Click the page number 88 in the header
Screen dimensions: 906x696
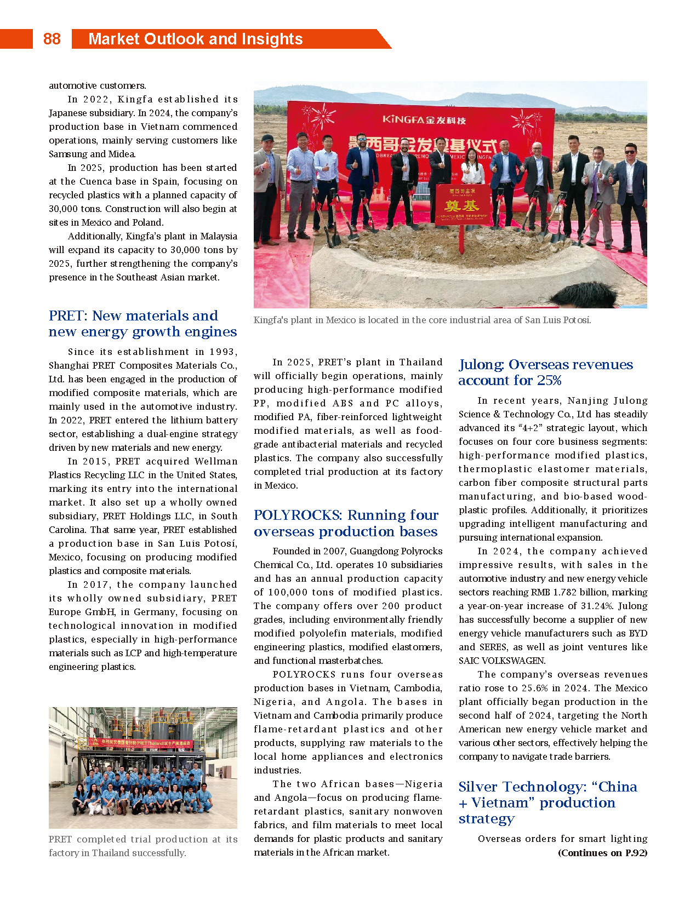(x=52, y=39)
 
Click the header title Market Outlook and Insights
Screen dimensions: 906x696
(x=195, y=39)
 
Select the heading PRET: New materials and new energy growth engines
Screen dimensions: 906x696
(x=142, y=324)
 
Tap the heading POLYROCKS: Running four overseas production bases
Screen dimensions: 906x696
(x=346, y=523)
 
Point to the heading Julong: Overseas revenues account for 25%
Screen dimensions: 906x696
(x=545, y=372)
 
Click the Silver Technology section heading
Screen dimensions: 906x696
(x=547, y=802)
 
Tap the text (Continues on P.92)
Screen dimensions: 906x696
(x=602, y=853)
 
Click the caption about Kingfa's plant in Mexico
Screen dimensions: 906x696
(x=422, y=320)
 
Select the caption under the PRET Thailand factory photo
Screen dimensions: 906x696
(x=142, y=846)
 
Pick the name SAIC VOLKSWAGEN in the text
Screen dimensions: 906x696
(x=501, y=661)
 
